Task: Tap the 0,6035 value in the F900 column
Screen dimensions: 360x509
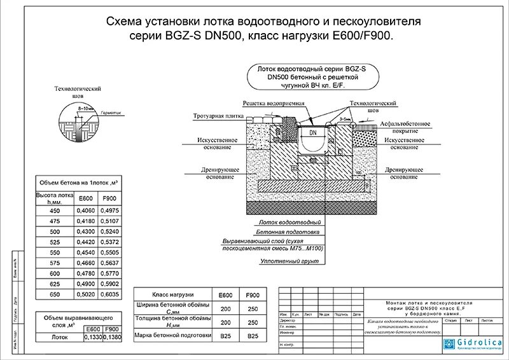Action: (x=111, y=295)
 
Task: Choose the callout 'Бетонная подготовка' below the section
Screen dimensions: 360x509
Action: (x=289, y=233)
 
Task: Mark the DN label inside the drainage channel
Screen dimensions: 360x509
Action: (x=313, y=133)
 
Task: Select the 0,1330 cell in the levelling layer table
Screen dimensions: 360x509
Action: (x=92, y=337)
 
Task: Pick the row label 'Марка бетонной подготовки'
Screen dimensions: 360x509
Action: (x=172, y=335)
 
